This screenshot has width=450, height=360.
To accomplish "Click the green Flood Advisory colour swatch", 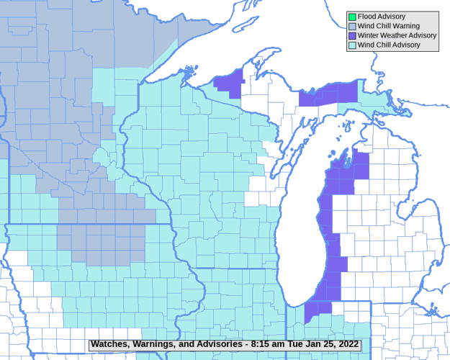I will click(x=352, y=17).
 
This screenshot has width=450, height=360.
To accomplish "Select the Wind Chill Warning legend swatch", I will click(x=352, y=26).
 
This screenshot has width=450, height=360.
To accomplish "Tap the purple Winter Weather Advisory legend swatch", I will click(x=352, y=35).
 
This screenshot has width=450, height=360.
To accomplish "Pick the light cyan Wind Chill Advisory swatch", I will click(x=352, y=45).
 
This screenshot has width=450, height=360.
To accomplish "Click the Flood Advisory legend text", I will click(x=382, y=17).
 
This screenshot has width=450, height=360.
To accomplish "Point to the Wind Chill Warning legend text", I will click(x=389, y=26).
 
